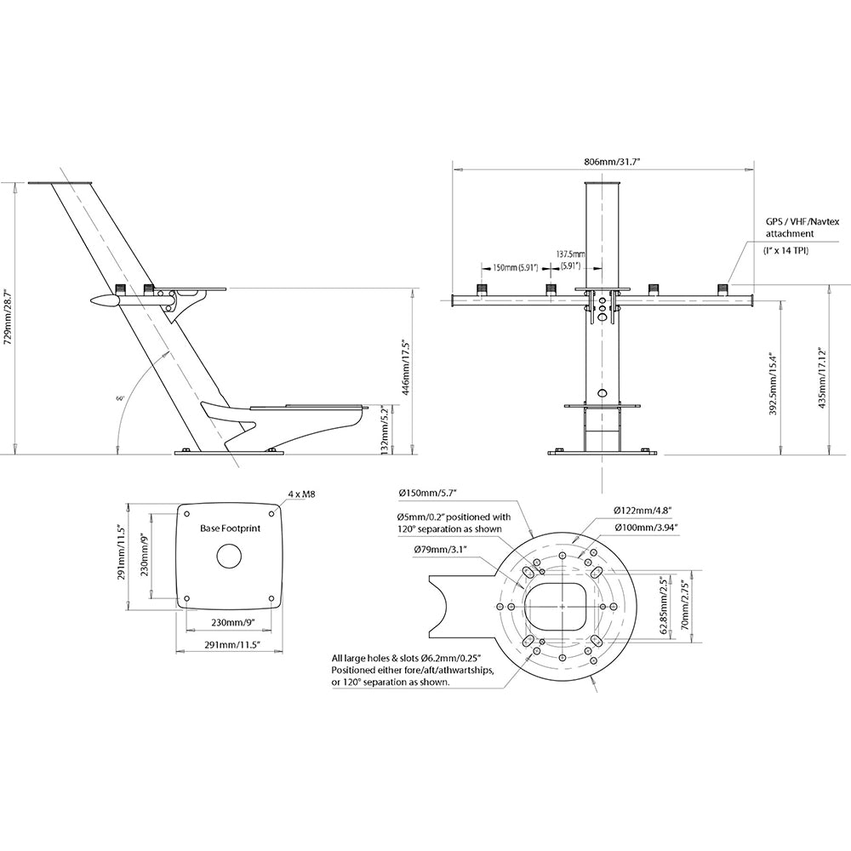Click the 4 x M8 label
click(x=302, y=493)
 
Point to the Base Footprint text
click(x=230, y=528)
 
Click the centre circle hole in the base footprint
click(x=229, y=557)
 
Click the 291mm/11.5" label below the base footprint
click(x=230, y=646)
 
